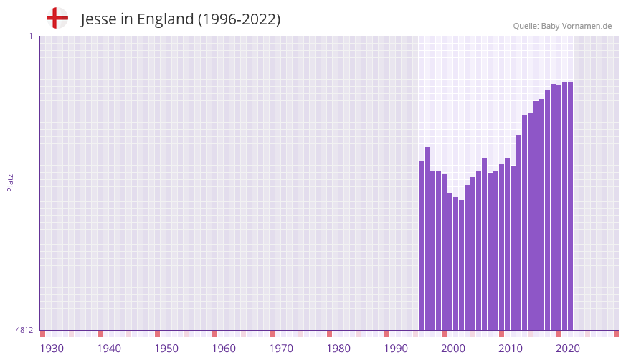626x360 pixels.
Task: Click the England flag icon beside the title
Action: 57,18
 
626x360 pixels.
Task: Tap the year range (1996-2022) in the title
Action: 239,19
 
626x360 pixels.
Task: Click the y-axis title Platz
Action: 10,182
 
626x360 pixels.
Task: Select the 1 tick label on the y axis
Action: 30,36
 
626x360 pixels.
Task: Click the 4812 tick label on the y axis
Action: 24,330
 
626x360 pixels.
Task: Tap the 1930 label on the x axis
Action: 52,349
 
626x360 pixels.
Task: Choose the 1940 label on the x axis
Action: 109,349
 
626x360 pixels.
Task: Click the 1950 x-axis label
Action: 166,349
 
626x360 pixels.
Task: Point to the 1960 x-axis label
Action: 224,349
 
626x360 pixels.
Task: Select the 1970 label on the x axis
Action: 281,349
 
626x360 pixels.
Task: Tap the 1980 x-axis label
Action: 338,349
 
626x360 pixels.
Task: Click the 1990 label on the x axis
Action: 396,349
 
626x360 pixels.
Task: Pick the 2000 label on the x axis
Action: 453,349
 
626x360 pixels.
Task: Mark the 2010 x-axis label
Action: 511,349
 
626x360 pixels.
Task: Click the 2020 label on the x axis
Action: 568,349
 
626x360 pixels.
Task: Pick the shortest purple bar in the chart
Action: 462,265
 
